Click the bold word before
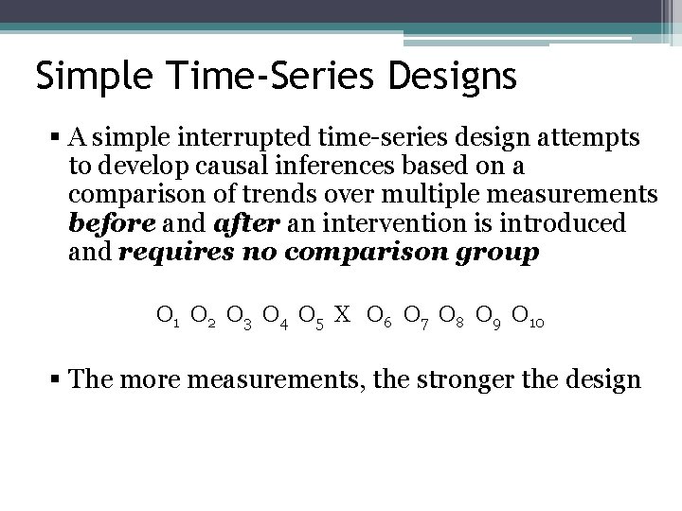point(104,224)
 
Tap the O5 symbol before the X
point(312,315)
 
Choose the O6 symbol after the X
point(377,315)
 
